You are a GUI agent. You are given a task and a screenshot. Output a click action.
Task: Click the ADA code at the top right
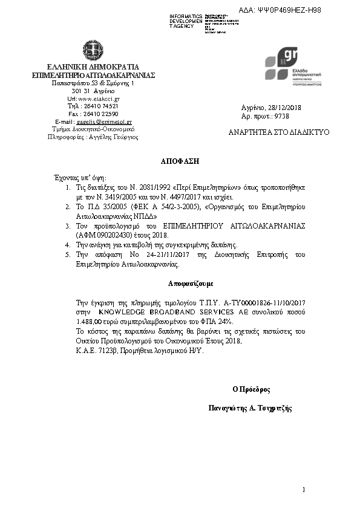pos(289,10)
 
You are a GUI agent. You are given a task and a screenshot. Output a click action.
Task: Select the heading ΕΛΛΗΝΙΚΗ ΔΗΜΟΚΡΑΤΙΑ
pos(93,66)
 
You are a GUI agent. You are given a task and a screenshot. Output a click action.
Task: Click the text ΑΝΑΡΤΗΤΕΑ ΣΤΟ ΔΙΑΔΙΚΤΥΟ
pos(279,132)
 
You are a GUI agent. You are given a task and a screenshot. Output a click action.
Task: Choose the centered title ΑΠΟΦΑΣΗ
pos(180,162)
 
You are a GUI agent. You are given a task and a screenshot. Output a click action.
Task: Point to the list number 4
pos(68,245)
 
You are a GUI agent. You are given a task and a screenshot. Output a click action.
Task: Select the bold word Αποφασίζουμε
pos(186,284)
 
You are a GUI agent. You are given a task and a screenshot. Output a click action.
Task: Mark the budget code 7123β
pos(107,351)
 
